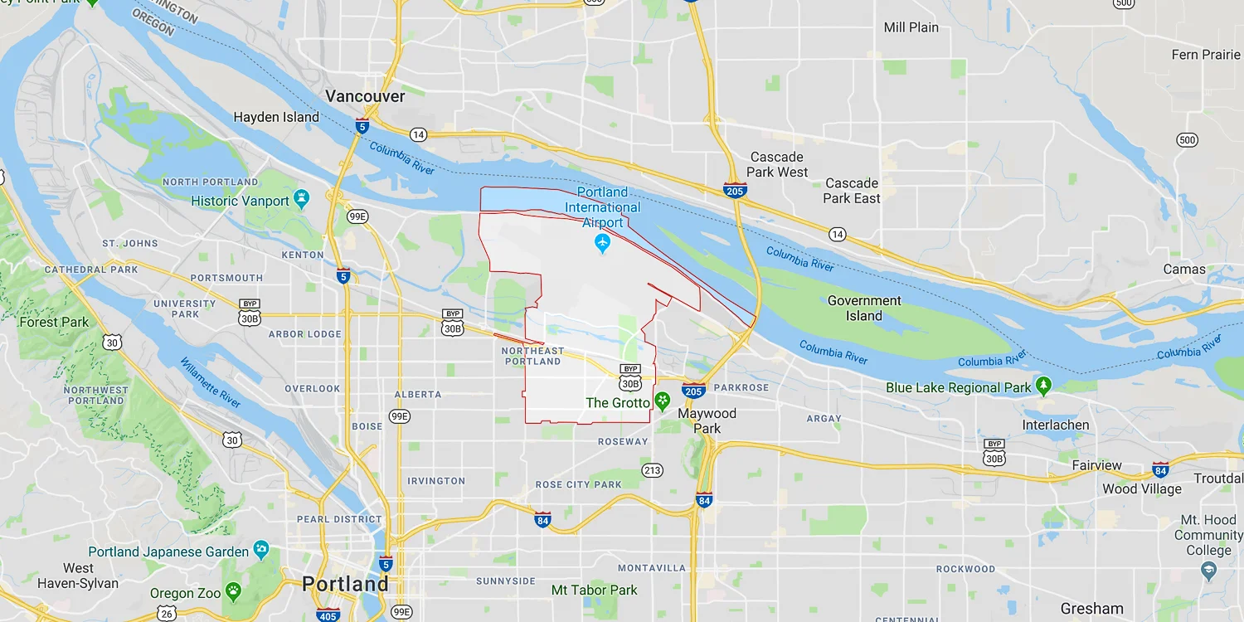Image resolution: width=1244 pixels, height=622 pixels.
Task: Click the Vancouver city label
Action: point(365,96)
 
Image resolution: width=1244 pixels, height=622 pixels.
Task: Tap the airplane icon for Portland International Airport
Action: point(603,244)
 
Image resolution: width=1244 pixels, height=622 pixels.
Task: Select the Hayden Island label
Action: point(276,117)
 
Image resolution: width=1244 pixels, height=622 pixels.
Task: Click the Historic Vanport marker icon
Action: point(302,200)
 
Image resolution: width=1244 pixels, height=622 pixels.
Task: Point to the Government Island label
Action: point(864,308)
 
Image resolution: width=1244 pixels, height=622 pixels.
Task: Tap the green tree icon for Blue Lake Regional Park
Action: point(1044,386)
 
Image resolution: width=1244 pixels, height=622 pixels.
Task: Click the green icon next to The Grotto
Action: point(663,402)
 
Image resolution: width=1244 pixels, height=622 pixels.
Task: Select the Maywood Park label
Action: point(707,420)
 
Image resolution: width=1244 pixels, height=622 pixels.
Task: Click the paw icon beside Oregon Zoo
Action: point(234,592)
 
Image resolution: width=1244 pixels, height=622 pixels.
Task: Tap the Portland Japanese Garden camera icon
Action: point(261,550)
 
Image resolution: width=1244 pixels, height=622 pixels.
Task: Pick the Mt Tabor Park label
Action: point(595,590)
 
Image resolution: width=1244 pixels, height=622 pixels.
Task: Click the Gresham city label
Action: point(1091,608)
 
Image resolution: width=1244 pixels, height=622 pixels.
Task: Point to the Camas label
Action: point(1184,269)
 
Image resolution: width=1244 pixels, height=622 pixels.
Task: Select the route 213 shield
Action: point(653,471)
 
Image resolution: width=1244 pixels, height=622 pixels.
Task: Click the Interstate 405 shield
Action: point(328,615)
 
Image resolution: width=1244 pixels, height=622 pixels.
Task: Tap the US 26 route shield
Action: point(168,614)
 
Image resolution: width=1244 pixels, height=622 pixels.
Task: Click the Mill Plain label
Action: point(911,27)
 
